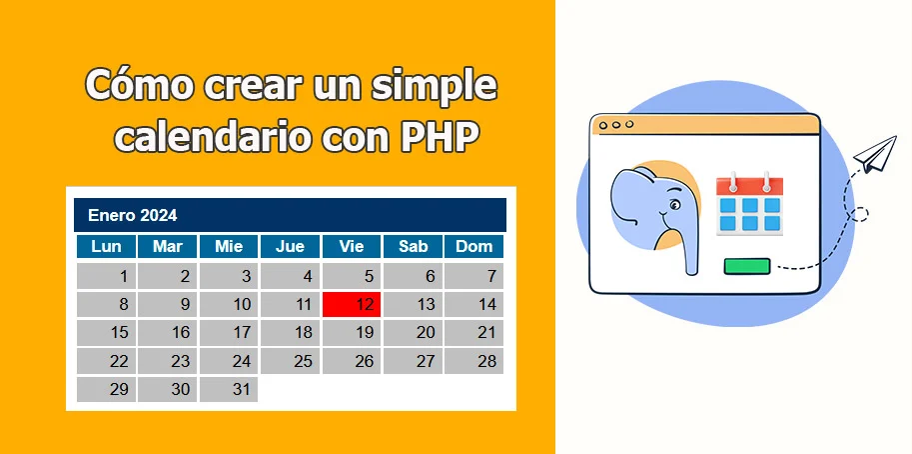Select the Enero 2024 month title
click(x=132, y=215)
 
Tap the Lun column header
click(x=106, y=247)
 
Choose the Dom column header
click(x=474, y=247)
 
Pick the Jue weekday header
click(x=290, y=247)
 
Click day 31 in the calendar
click(x=229, y=390)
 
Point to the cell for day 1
click(x=106, y=277)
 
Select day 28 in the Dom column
click(x=474, y=361)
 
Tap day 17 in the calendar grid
click(x=229, y=333)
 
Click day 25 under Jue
click(x=290, y=361)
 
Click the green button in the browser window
click(x=747, y=266)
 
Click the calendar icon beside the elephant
click(x=749, y=205)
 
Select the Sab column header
click(x=413, y=247)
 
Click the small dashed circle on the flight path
click(x=857, y=212)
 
